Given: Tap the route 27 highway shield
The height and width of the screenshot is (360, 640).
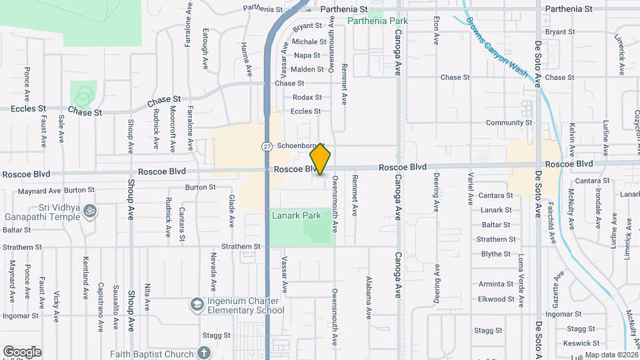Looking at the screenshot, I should (x=267, y=146).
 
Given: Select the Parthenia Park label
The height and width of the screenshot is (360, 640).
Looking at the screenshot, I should (x=377, y=21).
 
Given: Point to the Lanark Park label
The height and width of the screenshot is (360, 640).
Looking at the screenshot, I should (x=297, y=215).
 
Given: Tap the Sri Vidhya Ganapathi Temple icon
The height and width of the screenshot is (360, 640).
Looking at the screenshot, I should (x=91, y=211).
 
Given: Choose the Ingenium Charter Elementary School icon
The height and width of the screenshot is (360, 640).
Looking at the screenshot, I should (x=197, y=305).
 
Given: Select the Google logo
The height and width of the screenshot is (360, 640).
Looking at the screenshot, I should (x=22, y=352).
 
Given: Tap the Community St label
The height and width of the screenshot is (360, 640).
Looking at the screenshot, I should (x=509, y=123).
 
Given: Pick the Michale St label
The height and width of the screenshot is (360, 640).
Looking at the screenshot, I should (x=309, y=41).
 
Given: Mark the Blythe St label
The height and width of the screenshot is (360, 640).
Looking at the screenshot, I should (x=495, y=254).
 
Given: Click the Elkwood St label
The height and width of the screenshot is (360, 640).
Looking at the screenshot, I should (x=495, y=299).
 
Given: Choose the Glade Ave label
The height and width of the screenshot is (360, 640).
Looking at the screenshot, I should (x=232, y=209).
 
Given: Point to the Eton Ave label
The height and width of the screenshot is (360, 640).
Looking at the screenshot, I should (x=436, y=30).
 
